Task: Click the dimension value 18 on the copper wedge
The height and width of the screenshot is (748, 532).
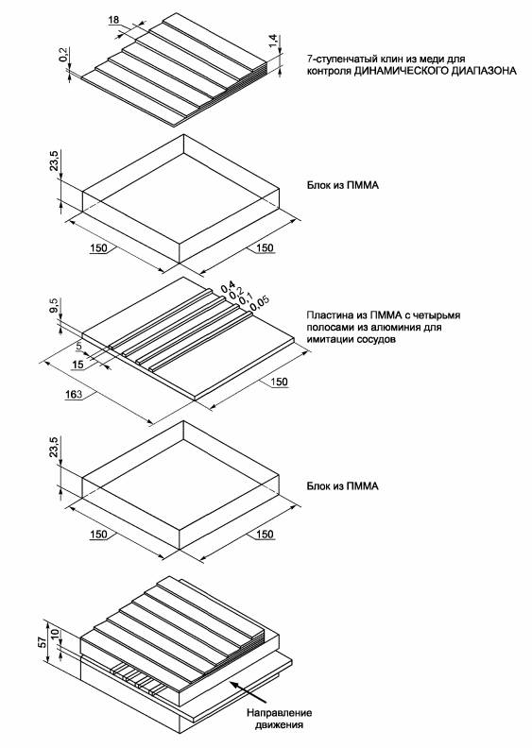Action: click(x=113, y=20)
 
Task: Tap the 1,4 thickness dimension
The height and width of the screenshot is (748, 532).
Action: click(x=273, y=41)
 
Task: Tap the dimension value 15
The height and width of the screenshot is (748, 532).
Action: click(x=77, y=365)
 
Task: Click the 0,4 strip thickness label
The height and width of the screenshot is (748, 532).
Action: click(x=228, y=286)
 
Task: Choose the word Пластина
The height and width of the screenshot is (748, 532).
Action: click(x=327, y=315)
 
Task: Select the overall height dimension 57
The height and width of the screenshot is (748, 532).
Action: click(x=43, y=641)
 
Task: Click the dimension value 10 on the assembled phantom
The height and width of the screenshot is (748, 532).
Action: click(x=55, y=634)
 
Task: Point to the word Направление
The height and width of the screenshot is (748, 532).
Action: click(x=279, y=713)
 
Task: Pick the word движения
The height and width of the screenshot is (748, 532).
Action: click(x=279, y=725)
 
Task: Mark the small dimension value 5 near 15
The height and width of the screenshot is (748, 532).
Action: click(x=79, y=345)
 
